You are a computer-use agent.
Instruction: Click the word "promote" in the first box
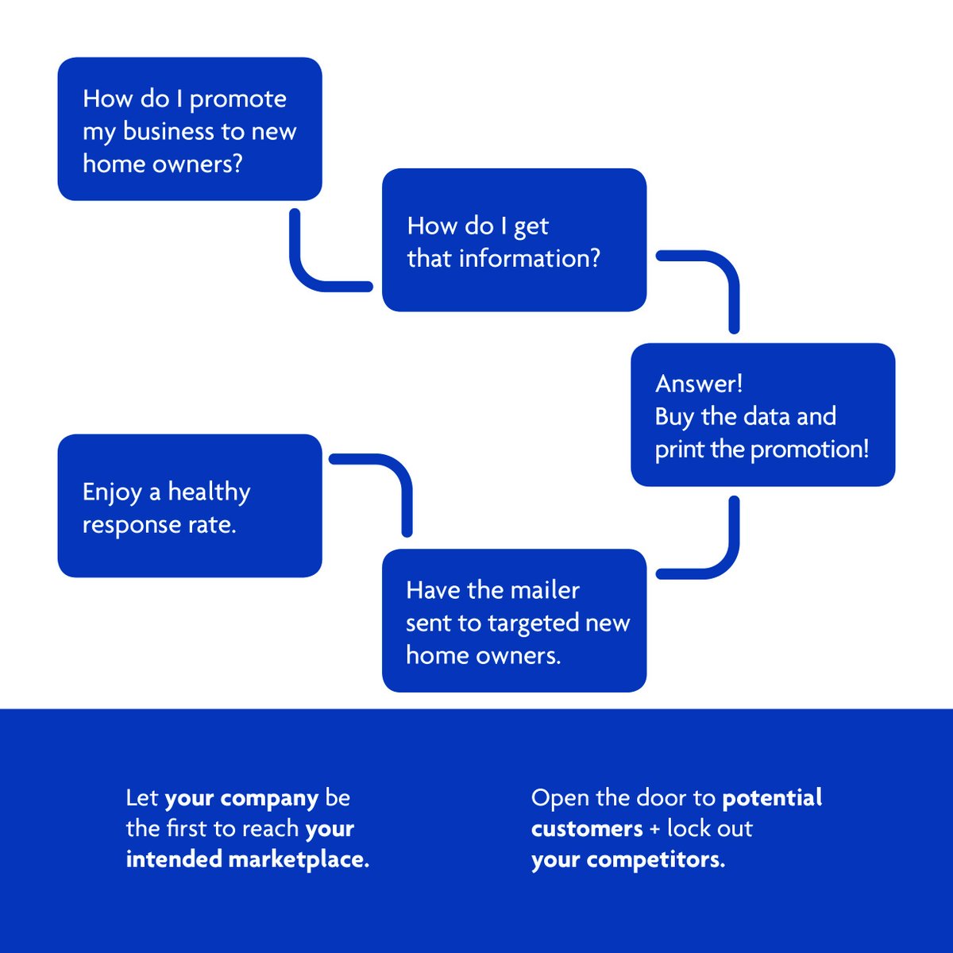237,100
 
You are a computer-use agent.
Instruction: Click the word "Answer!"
699,384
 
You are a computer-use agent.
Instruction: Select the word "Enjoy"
111,493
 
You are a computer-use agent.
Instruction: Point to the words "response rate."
160,525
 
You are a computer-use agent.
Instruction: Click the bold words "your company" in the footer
241,798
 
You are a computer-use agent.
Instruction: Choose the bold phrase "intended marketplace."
248,859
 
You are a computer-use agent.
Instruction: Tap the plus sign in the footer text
654,829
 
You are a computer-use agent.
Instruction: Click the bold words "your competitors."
627,859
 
